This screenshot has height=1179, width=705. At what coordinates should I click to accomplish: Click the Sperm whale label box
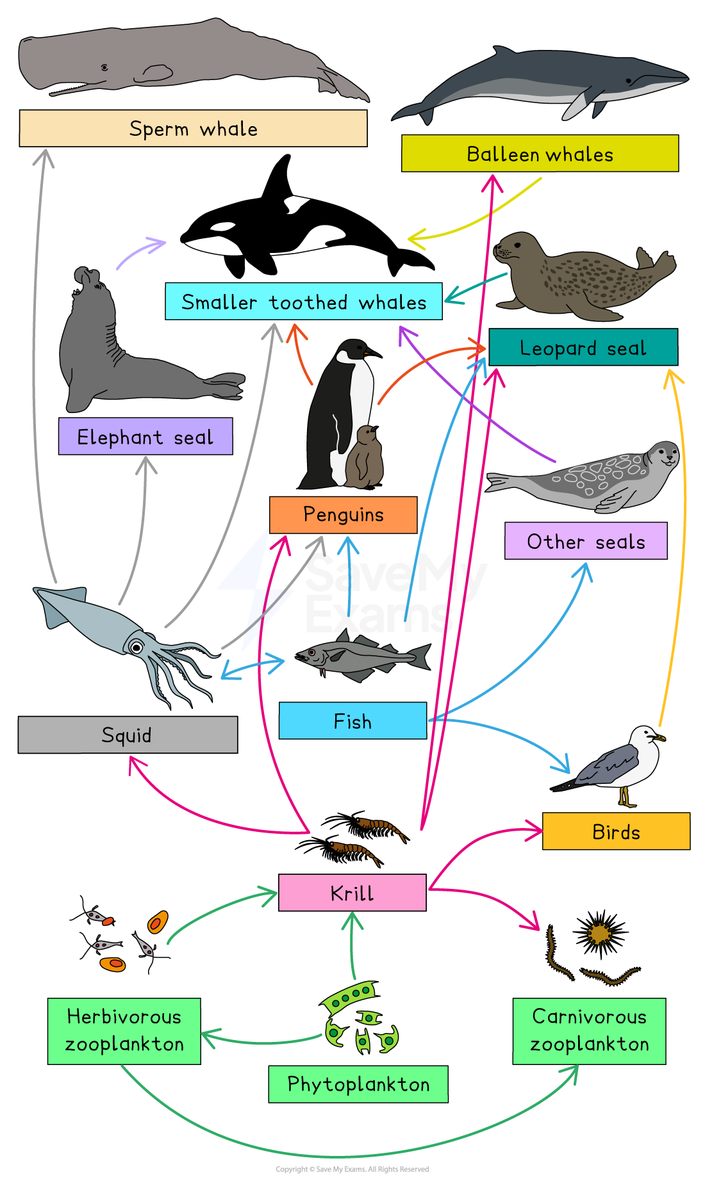point(193,129)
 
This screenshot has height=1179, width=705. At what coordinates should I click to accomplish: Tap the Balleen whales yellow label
point(540,154)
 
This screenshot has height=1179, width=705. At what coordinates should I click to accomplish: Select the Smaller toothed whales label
point(304,302)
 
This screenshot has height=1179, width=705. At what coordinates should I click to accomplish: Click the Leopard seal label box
point(583,348)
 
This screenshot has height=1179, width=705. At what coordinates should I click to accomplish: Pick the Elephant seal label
point(145,437)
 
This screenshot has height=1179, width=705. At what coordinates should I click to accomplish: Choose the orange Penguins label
point(343,515)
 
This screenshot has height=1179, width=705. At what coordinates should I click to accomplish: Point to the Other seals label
point(586,541)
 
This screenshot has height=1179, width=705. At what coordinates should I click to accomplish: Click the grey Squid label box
point(128,735)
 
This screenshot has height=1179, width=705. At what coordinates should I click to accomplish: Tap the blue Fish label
point(352,721)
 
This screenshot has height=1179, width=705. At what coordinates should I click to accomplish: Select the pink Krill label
point(352,893)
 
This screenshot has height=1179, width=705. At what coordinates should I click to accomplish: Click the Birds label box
point(616,831)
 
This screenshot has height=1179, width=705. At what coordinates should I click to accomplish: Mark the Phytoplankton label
point(358,1084)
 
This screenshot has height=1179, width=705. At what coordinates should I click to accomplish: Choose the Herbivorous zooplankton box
point(124,1031)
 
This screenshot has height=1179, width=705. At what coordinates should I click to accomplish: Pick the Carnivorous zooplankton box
point(589,1031)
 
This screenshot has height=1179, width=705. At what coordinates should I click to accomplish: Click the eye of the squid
point(137,647)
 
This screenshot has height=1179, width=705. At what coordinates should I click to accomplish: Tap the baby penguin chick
point(365,456)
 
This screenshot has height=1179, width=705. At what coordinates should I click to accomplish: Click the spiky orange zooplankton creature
point(600,933)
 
